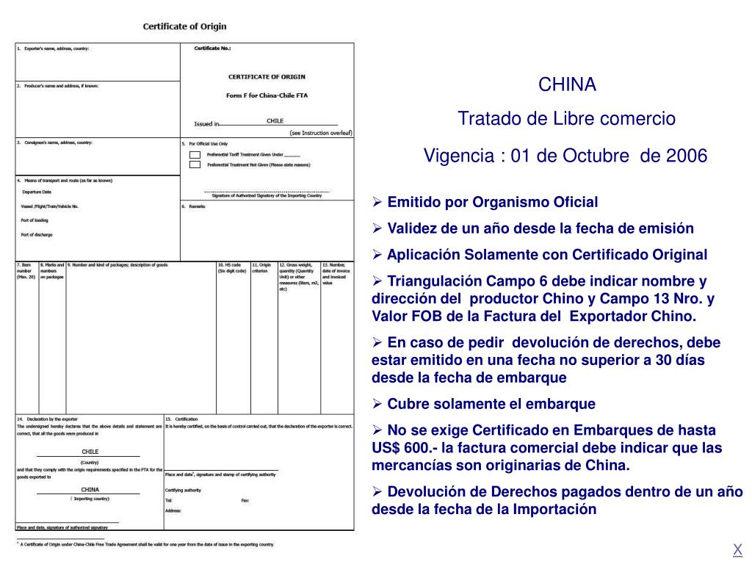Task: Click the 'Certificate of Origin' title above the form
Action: (x=184, y=26)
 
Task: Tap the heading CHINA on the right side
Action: (x=568, y=85)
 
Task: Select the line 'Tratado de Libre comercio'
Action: (x=567, y=118)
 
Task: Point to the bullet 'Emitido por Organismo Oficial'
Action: (x=492, y=202)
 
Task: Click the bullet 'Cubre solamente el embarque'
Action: (x=491, y=404)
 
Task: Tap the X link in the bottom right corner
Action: (x=737, y=549)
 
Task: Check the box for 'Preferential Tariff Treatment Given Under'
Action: (x=195, y=155)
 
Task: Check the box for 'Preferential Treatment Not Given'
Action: (x=195, y=164)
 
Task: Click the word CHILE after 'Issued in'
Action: (x=275, y=120)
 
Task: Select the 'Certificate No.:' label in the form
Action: (x=212, y=48)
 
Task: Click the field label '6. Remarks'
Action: (x=194, y=206)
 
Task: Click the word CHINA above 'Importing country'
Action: (x=90, y=489)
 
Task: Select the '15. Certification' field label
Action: (x=181, y=419)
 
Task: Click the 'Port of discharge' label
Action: (x=37, y=235)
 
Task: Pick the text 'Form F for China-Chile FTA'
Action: (x=267, y=95)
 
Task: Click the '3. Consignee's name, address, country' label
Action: (x=54, y=142)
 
